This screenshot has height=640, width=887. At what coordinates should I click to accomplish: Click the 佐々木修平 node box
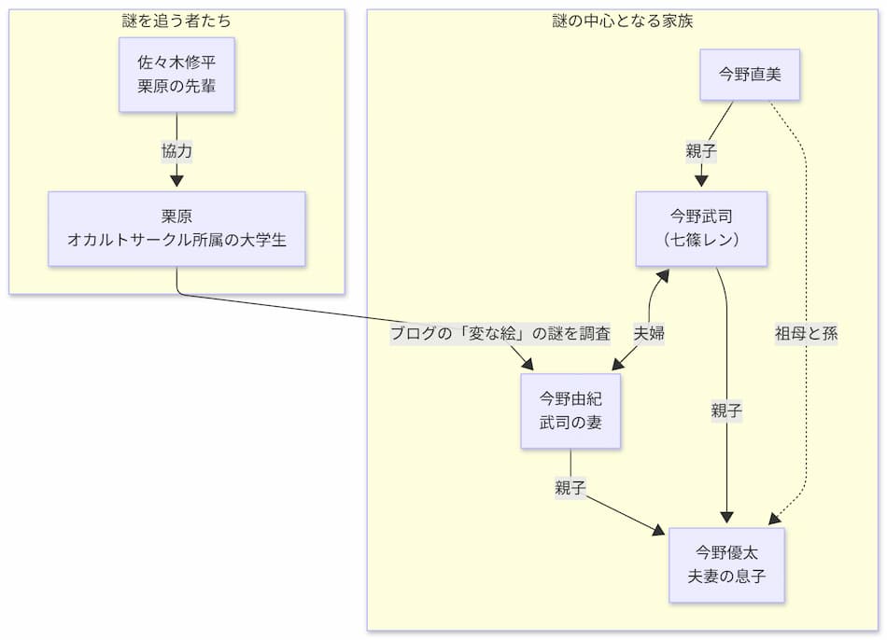coord(176,75)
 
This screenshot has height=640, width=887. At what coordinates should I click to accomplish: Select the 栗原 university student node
coord(176,229)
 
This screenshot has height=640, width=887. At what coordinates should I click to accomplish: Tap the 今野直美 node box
coord(750,75)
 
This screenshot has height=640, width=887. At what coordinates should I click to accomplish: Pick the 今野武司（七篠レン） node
coord(701,229)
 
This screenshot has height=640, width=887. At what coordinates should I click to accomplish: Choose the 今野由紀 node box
coord(570,411)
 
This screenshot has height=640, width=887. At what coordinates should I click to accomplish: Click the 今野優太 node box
coord(726,564)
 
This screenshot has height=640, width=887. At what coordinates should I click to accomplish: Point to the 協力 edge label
coord(176,151)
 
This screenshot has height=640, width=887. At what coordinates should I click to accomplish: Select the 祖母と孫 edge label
coord(806,334)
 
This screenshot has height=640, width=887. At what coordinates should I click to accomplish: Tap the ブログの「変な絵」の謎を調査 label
coord(500,334)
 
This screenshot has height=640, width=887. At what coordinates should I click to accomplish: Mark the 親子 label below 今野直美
coord(701,151)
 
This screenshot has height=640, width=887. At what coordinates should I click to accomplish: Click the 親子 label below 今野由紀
coord(570,488)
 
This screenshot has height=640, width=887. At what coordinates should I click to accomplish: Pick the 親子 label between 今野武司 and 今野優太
coord(726,410)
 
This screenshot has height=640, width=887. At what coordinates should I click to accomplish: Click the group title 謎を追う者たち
coord(176,21)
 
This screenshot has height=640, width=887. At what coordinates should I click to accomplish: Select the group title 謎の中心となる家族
coord(622,21)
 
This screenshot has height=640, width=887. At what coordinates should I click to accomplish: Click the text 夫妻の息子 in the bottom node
coord(726,577)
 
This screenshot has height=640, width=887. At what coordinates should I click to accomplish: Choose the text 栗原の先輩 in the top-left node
coord(176,88)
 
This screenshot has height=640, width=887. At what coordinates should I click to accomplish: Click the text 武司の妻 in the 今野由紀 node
coord(570,423)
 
